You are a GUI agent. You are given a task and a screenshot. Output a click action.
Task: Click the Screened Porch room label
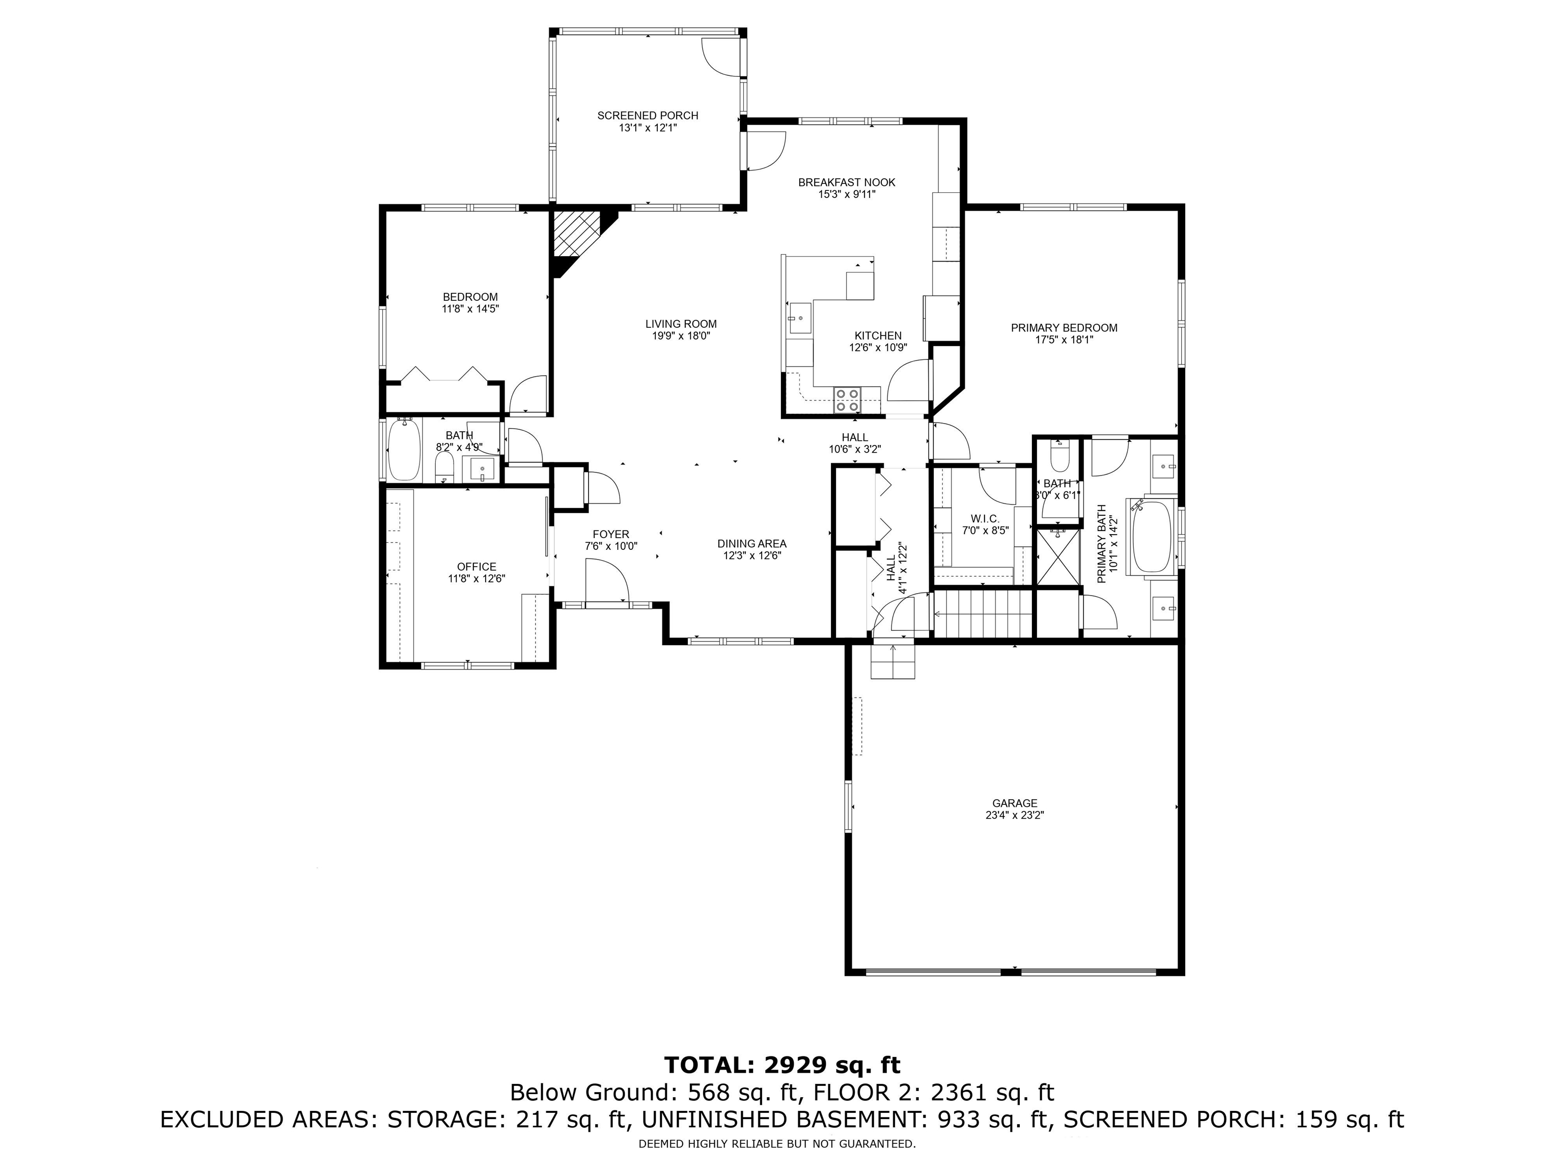click(648, 115)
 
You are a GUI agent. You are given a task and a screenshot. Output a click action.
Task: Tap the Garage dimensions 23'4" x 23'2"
click(1015, 815)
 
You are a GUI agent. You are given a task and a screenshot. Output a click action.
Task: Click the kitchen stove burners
click(846, 400)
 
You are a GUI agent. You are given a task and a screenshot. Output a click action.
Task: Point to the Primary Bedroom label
click(1064, 327)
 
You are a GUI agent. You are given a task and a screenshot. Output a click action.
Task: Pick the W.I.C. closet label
click(985, 518)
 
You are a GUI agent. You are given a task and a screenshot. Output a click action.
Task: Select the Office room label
click(477, 566)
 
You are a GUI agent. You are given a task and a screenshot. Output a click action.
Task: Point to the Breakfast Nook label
click(846, 182)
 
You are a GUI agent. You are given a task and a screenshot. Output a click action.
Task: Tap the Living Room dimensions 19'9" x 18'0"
click(680, 336)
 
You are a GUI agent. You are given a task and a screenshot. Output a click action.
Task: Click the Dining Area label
click(751, 544)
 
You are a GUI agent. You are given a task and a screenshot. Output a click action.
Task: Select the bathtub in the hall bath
click(405, 449)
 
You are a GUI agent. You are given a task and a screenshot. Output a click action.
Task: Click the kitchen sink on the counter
click(800, 318)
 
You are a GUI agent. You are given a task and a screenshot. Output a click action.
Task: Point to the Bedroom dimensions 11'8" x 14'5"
click(470, 309)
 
